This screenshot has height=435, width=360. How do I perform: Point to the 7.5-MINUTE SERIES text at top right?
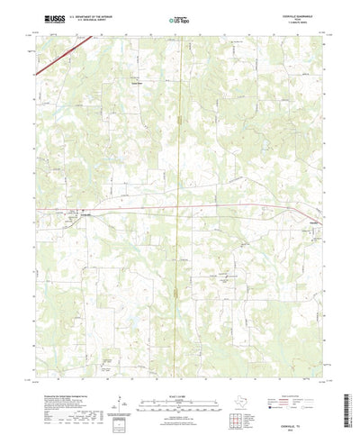[x=312, y=23]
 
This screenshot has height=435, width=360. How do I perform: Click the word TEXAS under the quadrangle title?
[x=312, y=19]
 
